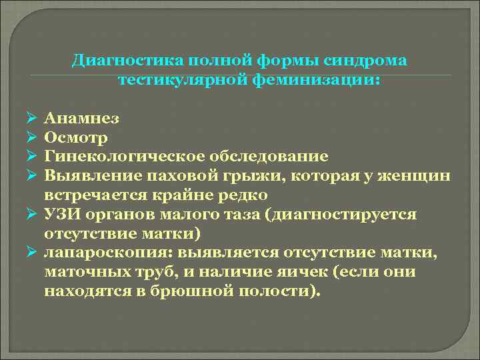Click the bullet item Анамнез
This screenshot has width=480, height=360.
(x=82, y=119)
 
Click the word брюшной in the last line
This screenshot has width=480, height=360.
(x=189, y=293)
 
